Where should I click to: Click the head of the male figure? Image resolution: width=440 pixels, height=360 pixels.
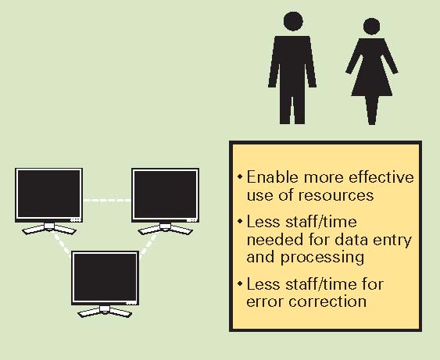[x=293, y=21]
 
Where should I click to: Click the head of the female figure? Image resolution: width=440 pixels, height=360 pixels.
[x=371, y=27]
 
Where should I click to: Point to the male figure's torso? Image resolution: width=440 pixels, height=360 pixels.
[x=292, y=66]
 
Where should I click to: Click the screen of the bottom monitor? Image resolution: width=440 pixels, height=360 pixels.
[x=105, y=277]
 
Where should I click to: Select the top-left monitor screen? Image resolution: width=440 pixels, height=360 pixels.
[x=48, y=194]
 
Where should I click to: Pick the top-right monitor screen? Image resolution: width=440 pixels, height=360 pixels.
[x=165, y=194]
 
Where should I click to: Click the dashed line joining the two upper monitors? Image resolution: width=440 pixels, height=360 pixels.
[x=107, y=200]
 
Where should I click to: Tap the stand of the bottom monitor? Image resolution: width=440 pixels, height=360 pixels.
[x=105, y=312]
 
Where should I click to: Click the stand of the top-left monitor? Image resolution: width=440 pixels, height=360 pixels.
[x=48, y=229]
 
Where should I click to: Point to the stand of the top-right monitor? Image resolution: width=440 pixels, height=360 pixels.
[x=165, y=229]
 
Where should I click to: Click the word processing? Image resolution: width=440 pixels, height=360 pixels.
[x=323, y=258]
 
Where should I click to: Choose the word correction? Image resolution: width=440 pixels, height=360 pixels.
[x=327, y=301]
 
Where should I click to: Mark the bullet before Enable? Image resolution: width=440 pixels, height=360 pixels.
[x=239, y=176]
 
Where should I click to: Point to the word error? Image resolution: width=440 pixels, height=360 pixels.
[x=265, y=302]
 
